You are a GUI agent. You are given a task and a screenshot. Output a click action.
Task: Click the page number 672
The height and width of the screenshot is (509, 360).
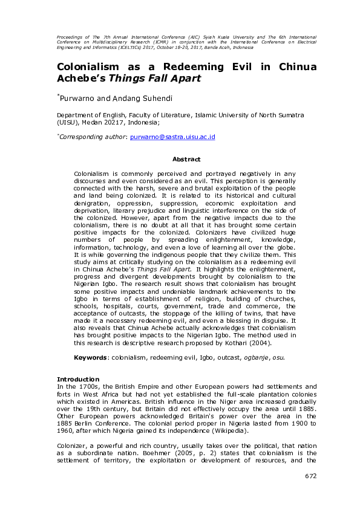(310, 476)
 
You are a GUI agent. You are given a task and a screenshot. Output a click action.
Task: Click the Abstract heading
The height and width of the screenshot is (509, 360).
(186, 159)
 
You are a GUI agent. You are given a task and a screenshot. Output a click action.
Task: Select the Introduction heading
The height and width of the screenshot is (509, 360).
(78, 379)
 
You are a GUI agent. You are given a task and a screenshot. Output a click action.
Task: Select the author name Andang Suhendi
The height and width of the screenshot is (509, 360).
(134, 97)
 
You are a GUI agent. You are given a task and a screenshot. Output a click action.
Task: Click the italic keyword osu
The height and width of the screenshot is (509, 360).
(277, 357)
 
